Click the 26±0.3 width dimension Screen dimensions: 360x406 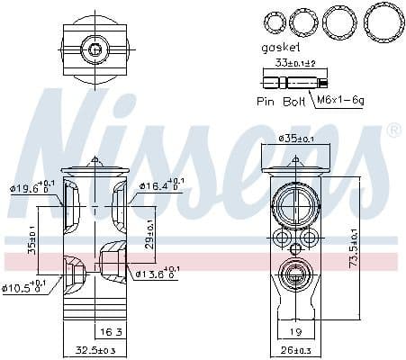point(295,350)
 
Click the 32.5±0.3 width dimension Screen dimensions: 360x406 point(95,350)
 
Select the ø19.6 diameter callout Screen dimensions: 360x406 point(34,188)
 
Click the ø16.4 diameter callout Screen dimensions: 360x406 point(159,186)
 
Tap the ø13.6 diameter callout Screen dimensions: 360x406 point(157,273)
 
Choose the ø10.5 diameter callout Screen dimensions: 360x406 point(27,287)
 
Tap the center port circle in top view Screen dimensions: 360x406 point(94,49)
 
